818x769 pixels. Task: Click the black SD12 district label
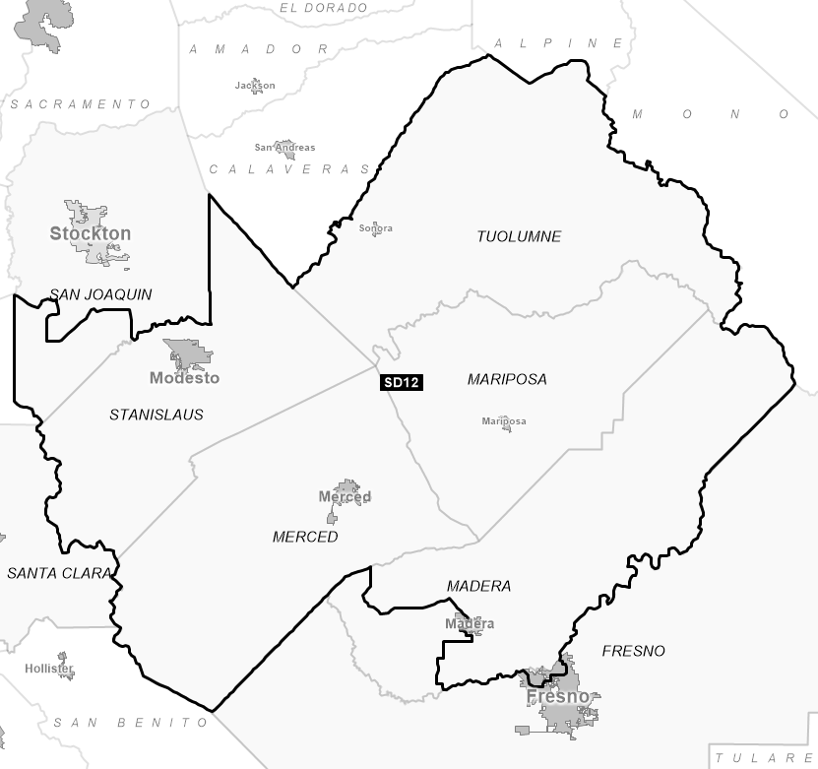(x=402, y=383)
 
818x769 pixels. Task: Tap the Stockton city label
(x=90, y=233)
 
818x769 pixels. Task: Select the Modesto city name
(x=184, y=378)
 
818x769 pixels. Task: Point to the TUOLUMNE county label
(x=519, y=236)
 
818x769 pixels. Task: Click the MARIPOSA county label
(x=507, y=379)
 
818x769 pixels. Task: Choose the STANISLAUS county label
(x=157, y=415)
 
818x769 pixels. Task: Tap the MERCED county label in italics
(x=305, y=537)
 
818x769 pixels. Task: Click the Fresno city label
(x=558, y=697)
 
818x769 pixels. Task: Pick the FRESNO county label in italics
(x=633, y=651)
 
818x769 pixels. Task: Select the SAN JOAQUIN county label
(x=100, y=294)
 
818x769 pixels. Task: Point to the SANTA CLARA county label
(x=58, y=573)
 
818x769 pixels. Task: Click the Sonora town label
(x=376, y=228)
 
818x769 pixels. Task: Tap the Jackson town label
(x=255, y=86)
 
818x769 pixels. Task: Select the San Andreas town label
(x=284, y=148)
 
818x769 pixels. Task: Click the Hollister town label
(x=49, y=669)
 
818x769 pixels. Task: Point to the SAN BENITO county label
(x=132, y=723)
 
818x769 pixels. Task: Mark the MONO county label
(x=711, y=114)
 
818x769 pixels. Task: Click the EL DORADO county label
(x=324, y=8)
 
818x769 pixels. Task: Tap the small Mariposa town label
(x=504, y=421)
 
